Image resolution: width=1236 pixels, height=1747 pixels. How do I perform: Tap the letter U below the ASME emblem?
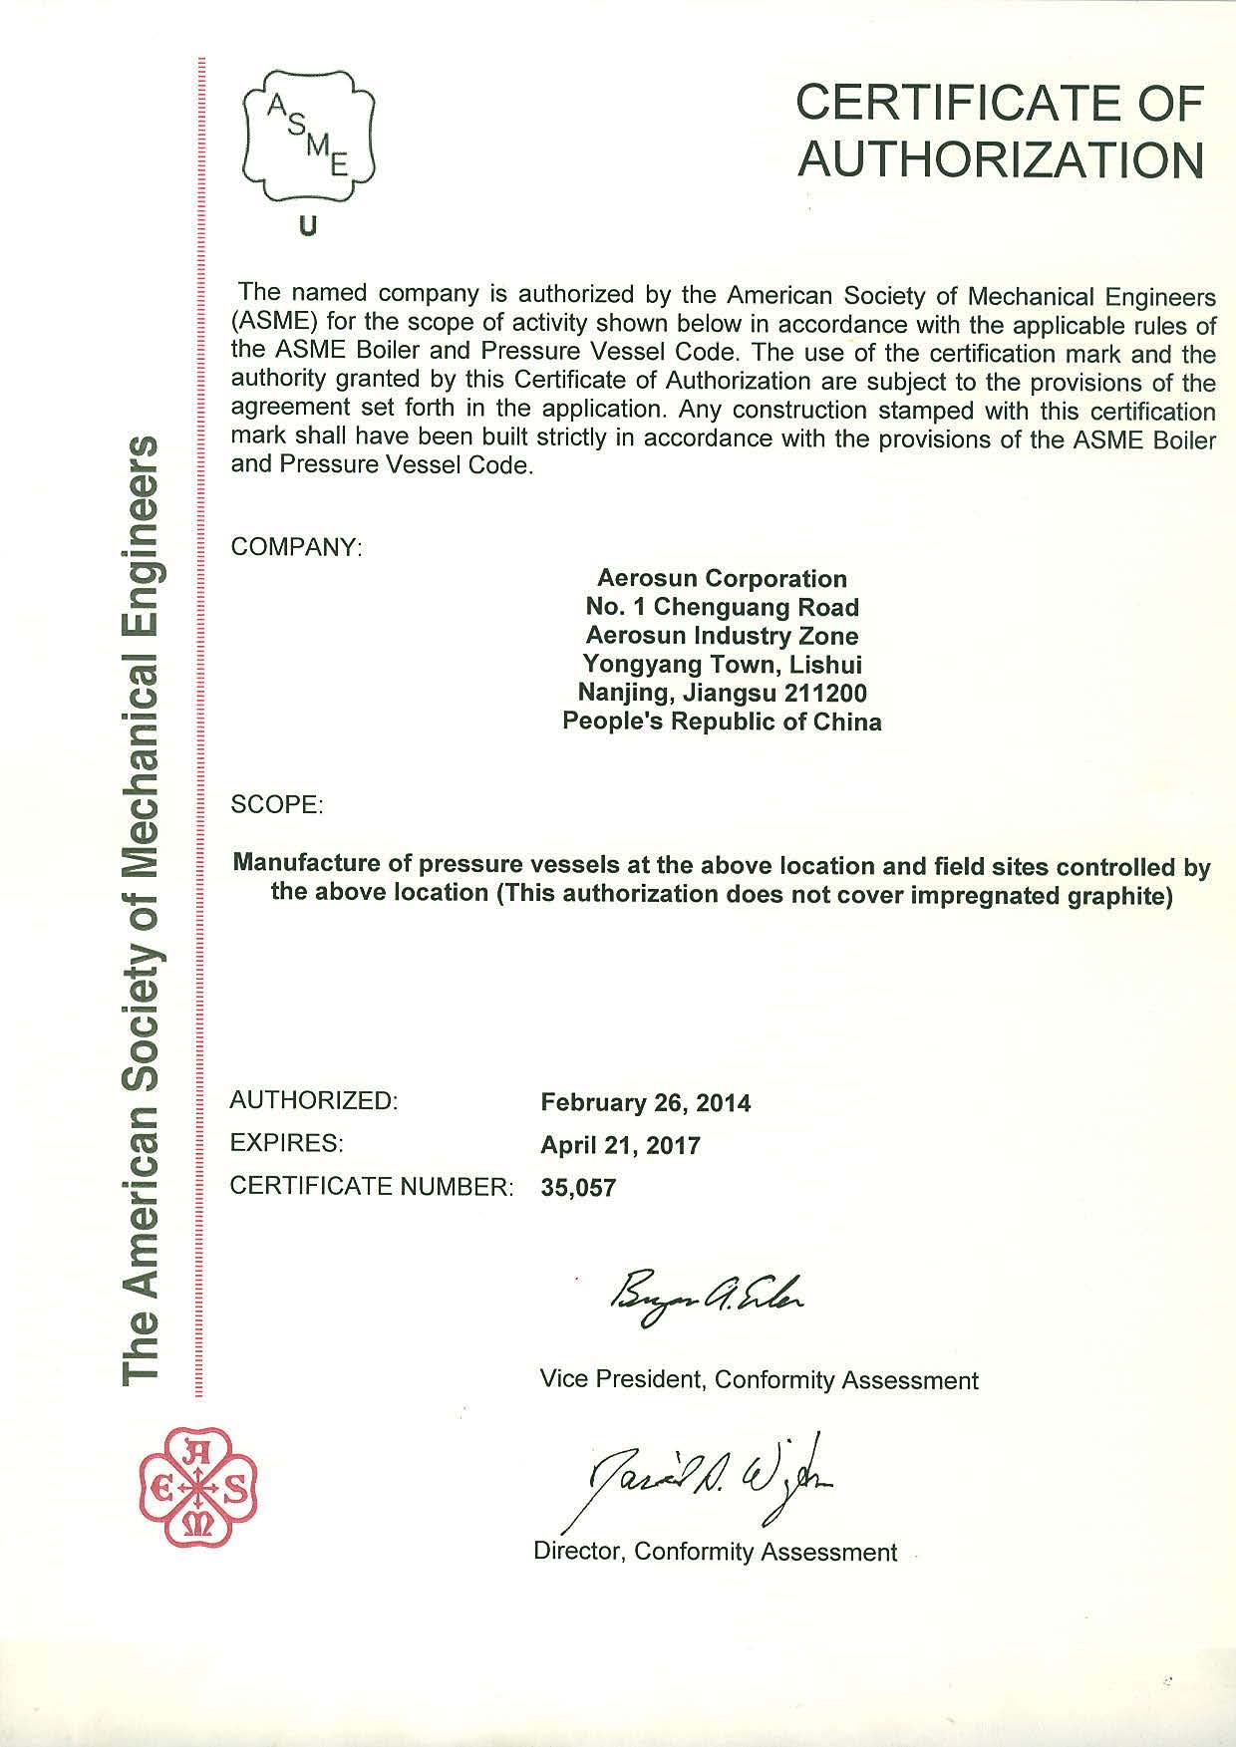click(x=308, y=227)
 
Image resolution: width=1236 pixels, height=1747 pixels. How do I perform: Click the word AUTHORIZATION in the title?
click(x=1002, y=158)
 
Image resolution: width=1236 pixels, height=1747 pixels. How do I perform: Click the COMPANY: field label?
click(x=295, y=547)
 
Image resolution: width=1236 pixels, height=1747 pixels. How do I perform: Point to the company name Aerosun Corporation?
click(x=722, y=579)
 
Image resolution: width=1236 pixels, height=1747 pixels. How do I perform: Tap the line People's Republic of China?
click(x=722, y=722)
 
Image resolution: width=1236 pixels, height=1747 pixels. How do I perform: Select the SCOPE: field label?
click(x=277, y=804)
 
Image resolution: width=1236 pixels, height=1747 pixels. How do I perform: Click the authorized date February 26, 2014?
click(x=645, y=1103)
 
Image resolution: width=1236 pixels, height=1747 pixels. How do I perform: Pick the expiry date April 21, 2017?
click(x=620, y=1145)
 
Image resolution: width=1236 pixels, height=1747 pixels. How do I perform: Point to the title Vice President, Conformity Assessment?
click(x=759, y=1379)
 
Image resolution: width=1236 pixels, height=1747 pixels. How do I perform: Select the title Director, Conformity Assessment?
click(x=716, y=1552)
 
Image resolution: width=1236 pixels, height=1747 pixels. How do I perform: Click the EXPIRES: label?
click(x=286, y=1144)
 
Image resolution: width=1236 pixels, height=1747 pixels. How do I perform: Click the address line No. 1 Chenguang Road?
click(x=722, y=607)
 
